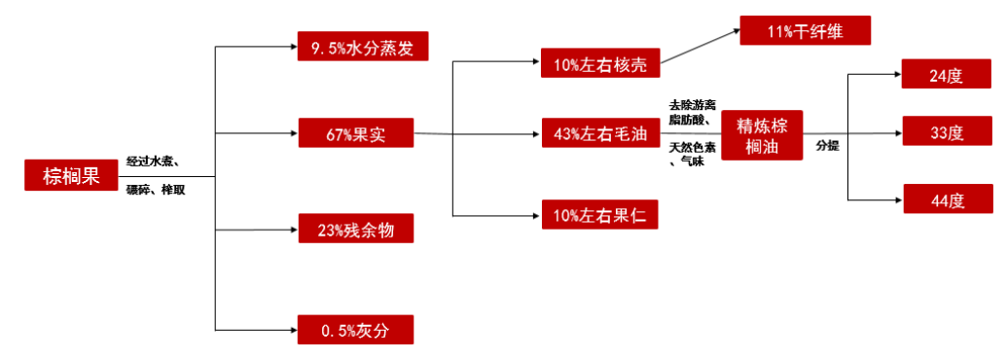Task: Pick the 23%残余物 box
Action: [356, 230]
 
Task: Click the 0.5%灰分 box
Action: [356, 330]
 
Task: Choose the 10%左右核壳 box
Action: [600, 63]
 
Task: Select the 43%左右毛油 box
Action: [600, 132]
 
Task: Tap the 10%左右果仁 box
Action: [600, 214]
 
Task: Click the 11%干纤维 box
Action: [805, 31]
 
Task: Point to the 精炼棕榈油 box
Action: [762, 132]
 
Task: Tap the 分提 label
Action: [827, 146]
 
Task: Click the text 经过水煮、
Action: [158, 161]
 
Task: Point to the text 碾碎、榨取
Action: [156, 190]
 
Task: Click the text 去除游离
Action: [692, 104]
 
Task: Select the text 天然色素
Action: [692, 147]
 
